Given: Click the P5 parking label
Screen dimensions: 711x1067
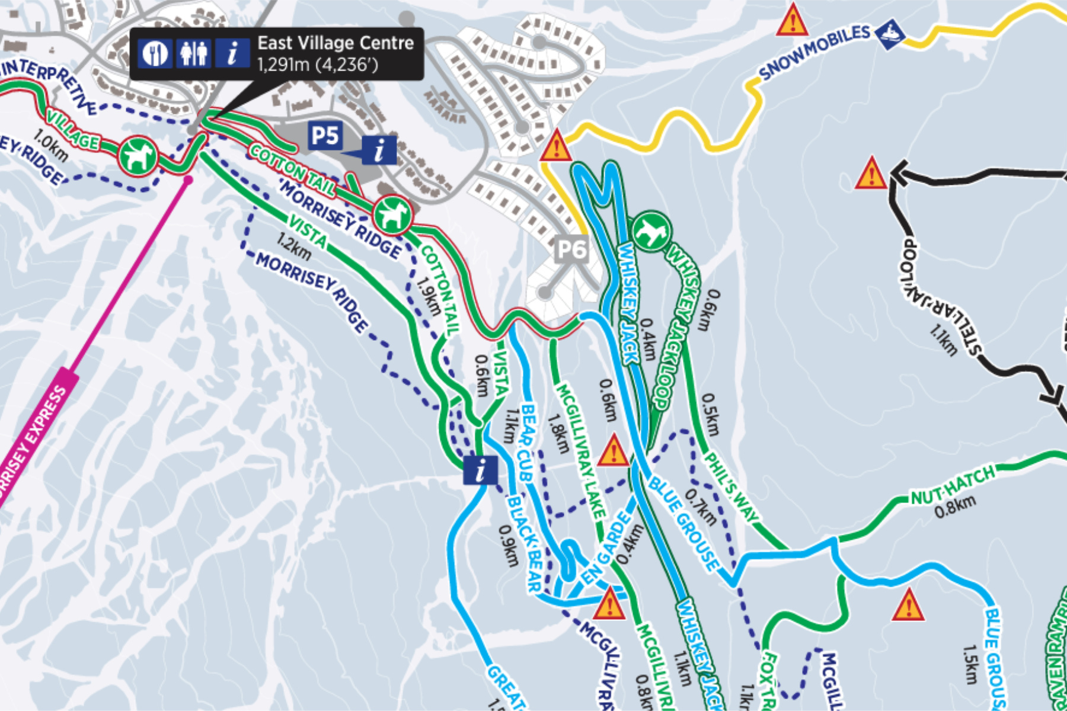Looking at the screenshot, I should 325,136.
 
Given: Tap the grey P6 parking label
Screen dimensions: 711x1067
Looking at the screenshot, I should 571,249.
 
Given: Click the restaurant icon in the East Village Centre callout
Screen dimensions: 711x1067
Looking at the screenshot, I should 155,53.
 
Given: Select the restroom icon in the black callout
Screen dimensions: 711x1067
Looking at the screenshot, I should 194,53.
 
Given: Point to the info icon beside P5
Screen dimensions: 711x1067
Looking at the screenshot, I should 379,150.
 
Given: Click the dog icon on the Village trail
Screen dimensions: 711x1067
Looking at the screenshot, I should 138,156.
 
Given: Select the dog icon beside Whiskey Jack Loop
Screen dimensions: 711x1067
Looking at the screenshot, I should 651,230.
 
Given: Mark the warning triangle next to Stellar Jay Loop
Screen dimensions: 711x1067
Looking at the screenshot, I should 871,174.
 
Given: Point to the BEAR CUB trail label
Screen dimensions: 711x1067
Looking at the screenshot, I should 528,441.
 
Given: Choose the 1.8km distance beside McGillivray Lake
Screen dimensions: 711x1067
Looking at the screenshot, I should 558,433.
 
